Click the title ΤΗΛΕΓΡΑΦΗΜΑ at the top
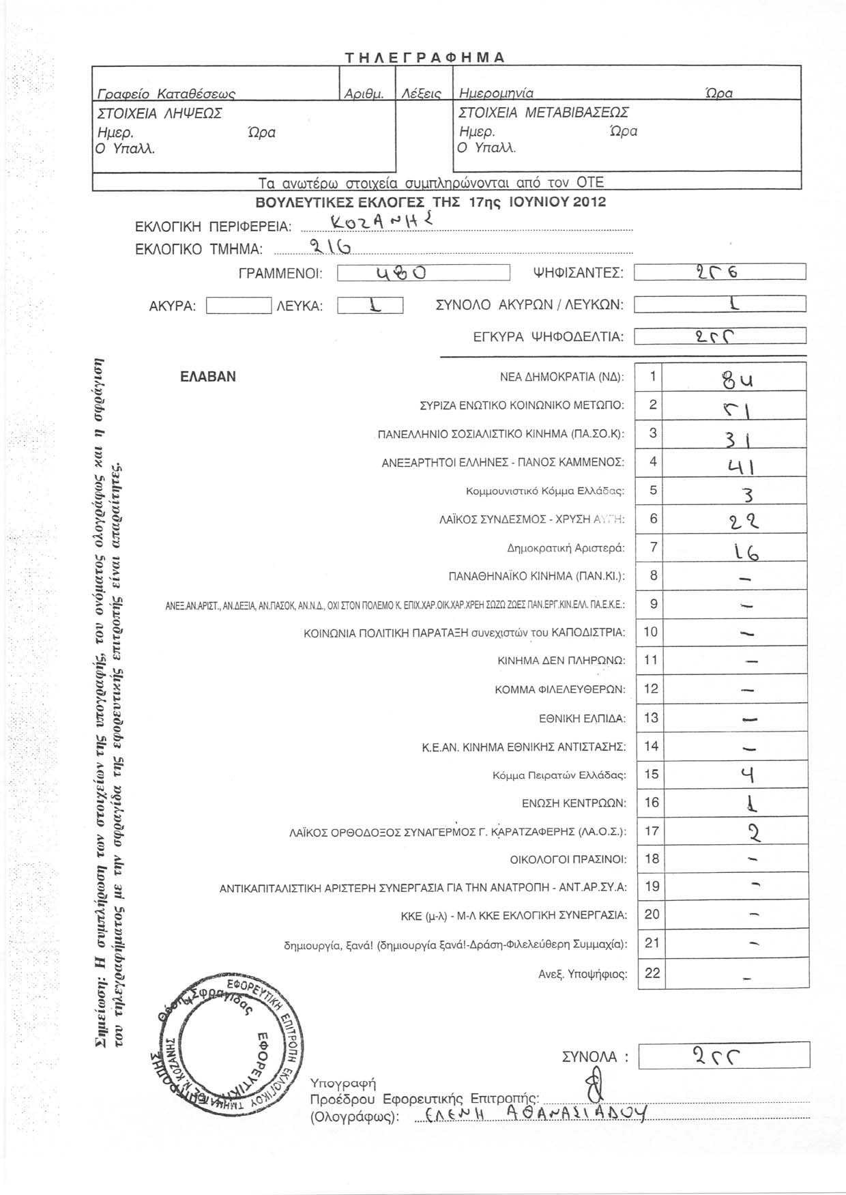424,57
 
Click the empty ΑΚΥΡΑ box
238,305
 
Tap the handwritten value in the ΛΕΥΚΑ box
370,305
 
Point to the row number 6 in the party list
653,519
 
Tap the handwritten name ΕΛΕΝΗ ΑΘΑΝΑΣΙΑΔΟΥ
534,1114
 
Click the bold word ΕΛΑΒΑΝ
208,377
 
